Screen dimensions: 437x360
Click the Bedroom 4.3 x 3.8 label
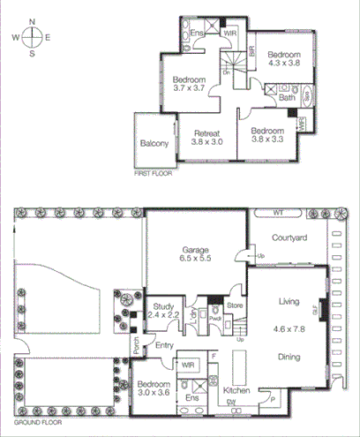pos(285,58)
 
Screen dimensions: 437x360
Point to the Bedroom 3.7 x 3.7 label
pos(189,83)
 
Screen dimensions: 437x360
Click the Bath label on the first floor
pos(287,98)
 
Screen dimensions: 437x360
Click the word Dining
pos(290,358)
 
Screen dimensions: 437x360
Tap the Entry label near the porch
pos(163,345)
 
